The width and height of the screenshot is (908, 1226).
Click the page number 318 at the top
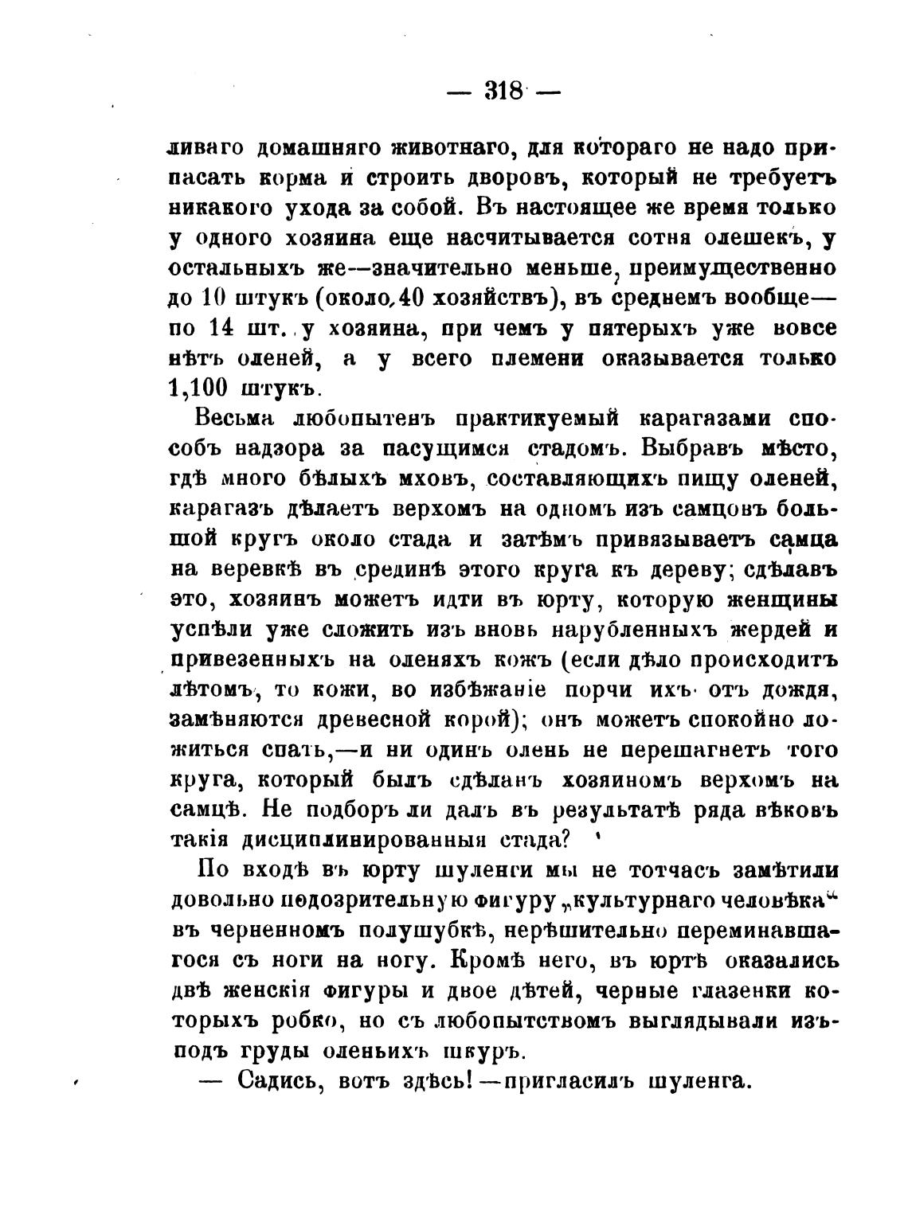pos(503,91)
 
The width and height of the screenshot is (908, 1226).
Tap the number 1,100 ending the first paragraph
pos(198,388)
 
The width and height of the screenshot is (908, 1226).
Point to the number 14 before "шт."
pos(225,328)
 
